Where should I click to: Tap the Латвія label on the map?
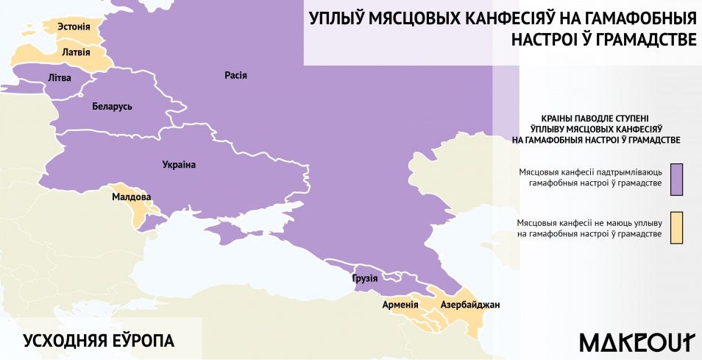76,53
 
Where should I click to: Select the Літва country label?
59,77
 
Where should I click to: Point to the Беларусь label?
113,107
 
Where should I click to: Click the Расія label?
235,75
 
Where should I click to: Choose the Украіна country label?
179,165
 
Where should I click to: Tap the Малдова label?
131,197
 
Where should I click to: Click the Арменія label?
400,304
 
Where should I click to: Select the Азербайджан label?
470,304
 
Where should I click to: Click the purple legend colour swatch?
677,178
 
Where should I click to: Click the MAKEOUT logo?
637,342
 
